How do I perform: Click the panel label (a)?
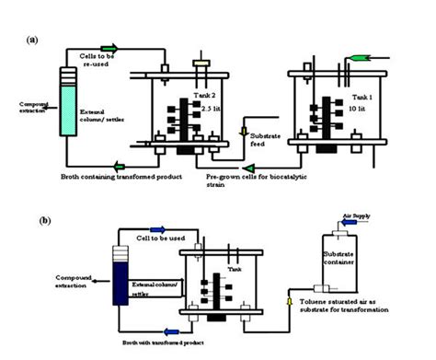(x=33, y=40)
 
